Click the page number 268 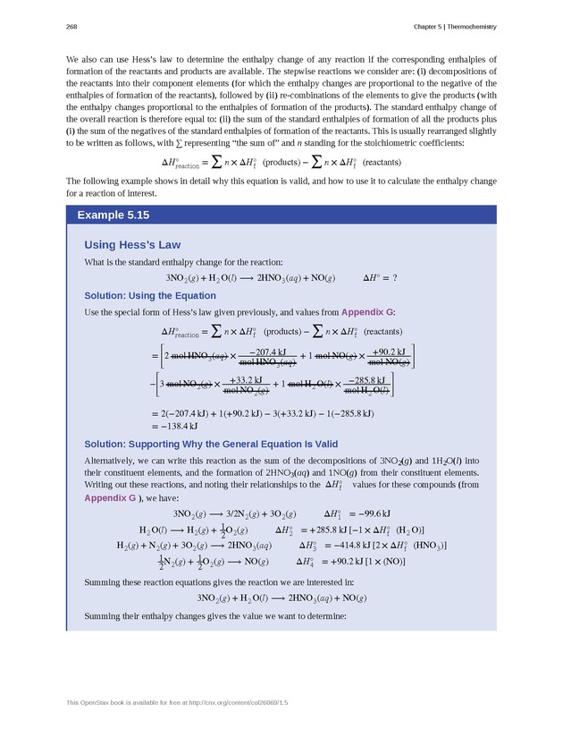(x=71, y=25)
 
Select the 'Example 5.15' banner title (x=113, y=216)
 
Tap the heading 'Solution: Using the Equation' (x=150, y=295)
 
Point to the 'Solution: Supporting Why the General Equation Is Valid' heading (x=211, y=444)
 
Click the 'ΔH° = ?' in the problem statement (x=380, y=278)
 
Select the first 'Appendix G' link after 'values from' (x=366, y=312)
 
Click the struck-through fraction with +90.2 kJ (x=389, y=356)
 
